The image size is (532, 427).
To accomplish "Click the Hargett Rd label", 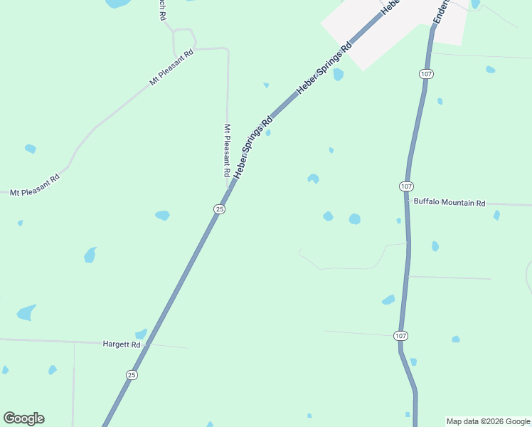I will click(122, 344).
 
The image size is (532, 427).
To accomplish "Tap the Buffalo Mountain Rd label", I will click(449, 203).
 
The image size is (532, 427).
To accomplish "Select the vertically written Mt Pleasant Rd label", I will click(227, 151).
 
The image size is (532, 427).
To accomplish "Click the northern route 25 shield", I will click(220, 209).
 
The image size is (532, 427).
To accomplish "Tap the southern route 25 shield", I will click(132, 374).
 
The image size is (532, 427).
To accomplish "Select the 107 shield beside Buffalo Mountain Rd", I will click(405, 186).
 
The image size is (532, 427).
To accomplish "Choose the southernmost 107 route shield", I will click(401, 334).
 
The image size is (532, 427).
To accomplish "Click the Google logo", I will click(23, 418).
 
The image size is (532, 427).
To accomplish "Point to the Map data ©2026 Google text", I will click(488, 421).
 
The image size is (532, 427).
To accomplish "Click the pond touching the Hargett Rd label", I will click(141, 333).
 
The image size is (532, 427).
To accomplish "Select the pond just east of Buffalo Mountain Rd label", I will click(496, 214).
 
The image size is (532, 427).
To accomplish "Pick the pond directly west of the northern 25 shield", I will click(163, 215).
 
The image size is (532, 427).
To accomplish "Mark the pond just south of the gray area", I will click(339, 74).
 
